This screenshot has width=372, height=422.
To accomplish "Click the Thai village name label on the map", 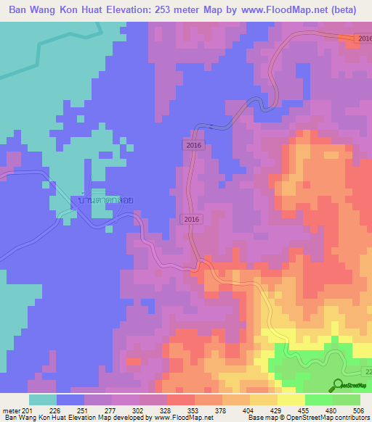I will point(106,199).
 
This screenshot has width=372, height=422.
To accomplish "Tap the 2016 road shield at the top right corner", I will point(365,38).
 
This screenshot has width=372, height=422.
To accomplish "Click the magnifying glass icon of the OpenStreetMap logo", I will point(337,385).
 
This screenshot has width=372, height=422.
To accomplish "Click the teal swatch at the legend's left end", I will point(43,400).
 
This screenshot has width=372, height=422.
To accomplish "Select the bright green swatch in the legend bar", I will point(318,400).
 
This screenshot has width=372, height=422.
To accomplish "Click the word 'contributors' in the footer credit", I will point(352,418).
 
